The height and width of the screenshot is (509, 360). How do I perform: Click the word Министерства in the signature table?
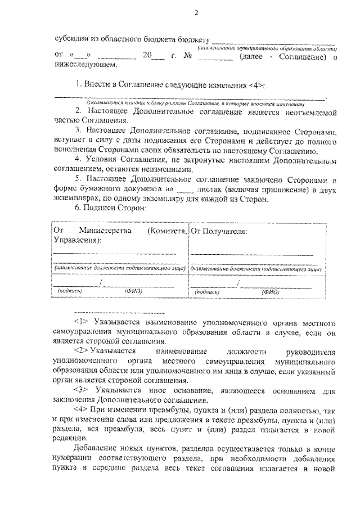pos(106,231)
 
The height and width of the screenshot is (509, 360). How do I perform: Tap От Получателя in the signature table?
pos(219,231)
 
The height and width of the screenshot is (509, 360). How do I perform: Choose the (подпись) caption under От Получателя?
pos(206,292)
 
